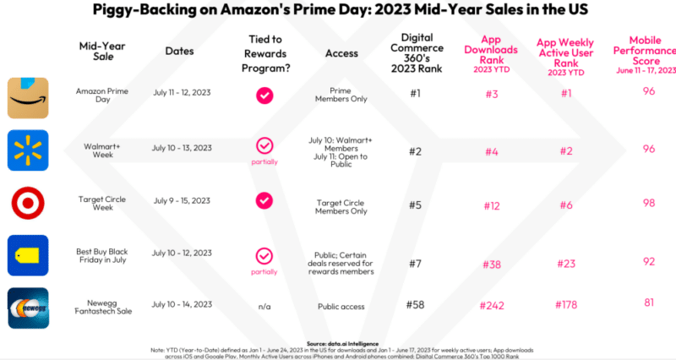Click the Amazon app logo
(28, 97)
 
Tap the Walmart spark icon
(28, 150)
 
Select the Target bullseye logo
(28, 203)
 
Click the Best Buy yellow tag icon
(28, 255)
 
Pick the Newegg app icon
(28, 308)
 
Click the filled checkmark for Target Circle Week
(264, 200)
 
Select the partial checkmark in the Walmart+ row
(264, 146)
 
